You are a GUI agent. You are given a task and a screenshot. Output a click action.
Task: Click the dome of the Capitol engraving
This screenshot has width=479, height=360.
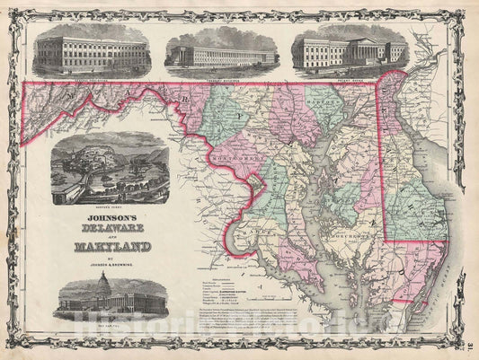(x=88, y=287)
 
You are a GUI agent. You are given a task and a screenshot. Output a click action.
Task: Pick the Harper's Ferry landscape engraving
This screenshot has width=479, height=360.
(x=107, y=171)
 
